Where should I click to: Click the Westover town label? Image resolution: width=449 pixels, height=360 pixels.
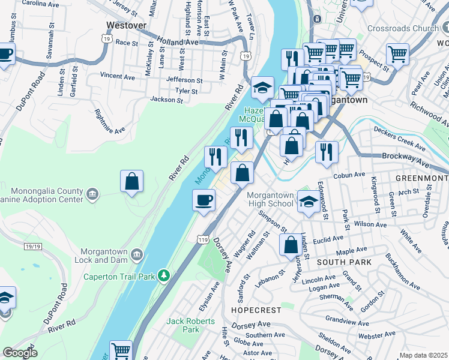pyautogui.click(x=127, y=25)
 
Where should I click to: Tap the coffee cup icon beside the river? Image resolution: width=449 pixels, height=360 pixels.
pyautogui.click(x=204, y=200)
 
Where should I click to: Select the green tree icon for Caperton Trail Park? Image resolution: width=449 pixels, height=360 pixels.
pyautogui.click(x=163, y=275)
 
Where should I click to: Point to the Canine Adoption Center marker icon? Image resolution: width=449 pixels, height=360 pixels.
pyautogui.click(x=92, y=193)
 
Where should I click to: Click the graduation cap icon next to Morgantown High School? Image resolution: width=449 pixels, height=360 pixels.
pyautogui.click(x=308, y=202)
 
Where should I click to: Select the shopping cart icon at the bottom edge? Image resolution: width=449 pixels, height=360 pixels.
pyautogui.click(x=121, y=350)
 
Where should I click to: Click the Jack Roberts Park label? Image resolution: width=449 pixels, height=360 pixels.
pyautogui.click(x=182, y=325)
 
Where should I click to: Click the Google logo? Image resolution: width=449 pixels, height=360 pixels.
pyautogui.click(x=20, y=353)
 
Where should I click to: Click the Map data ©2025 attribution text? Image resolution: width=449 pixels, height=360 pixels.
pyautogui.click(x=423, y=355)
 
